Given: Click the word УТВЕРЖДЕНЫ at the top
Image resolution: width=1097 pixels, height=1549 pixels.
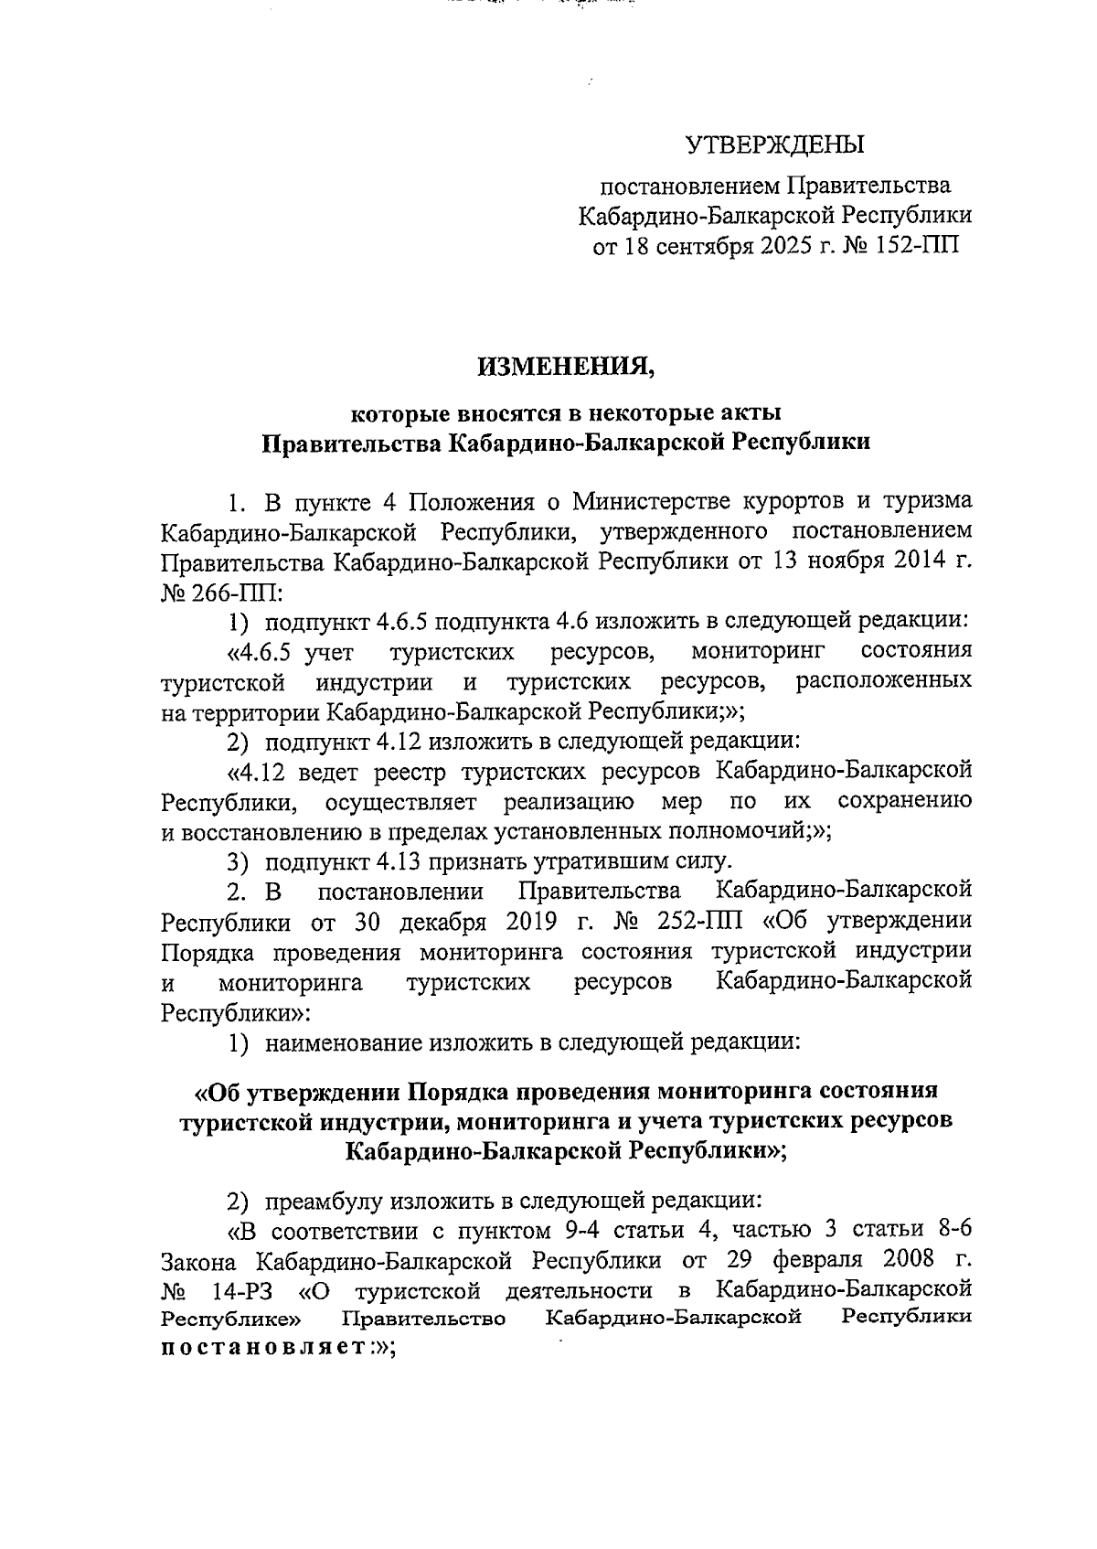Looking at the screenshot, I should (x=774, y=144).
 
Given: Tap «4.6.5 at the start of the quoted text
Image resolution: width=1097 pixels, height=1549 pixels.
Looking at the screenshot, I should (x=259, y=652).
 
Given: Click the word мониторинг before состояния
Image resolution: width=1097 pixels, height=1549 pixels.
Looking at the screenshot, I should (x=758, y=652).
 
